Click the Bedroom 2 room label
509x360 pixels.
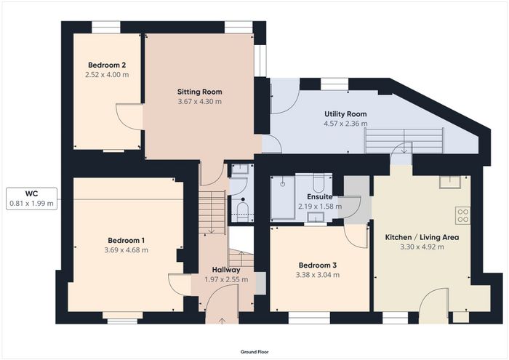tap(107, 65)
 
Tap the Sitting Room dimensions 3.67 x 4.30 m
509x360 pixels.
tap(200, 101)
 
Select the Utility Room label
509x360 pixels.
tap(345, 114)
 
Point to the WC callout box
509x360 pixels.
tap(31, 199)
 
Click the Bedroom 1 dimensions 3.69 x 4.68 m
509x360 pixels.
tap(127, 250)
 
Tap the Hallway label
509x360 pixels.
tap(226, 270)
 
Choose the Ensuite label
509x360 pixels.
tap(320, 196)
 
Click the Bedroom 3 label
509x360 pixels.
tap(318, 265)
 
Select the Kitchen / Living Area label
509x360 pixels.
tap(422, 237)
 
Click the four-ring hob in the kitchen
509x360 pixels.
tap(463, 215)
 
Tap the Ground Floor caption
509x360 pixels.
tap(254, 351)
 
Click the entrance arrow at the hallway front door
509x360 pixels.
tap(222, 321)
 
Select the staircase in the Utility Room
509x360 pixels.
tap(404, 141)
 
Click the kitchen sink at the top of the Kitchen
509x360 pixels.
tap(450, 182)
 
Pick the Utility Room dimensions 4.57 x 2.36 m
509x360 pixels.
tap(345, 124)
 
